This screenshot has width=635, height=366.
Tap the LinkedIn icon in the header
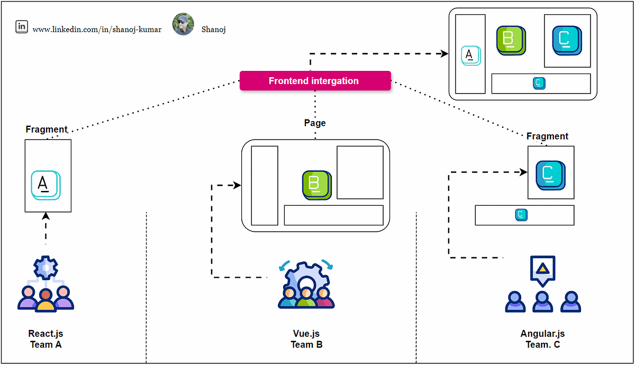tap(22, 27)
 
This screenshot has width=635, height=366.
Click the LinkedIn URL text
tap(97, 30)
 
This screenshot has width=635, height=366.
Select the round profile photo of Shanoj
tap(183, 24)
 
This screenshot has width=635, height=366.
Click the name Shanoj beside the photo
tap(213, 30)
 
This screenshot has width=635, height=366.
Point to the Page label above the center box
tap(315, 123)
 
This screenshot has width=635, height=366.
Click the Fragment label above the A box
tap(47, 130)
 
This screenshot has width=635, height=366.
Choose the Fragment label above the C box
tap(547, 136)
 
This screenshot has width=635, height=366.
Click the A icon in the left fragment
tap(46, 185)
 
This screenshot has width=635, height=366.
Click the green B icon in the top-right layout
tap(510, 40)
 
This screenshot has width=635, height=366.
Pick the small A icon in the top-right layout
tap(470, 56)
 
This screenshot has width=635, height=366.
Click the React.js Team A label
tap(46, 339)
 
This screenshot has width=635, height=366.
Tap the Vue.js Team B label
tap(306, 339)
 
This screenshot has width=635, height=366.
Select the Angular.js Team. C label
tap(542, 339)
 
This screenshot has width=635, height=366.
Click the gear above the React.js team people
tap(46, 268)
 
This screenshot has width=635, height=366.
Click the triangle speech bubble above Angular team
tap(542, 269)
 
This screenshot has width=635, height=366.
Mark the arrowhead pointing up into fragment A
tap(46, 216)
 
